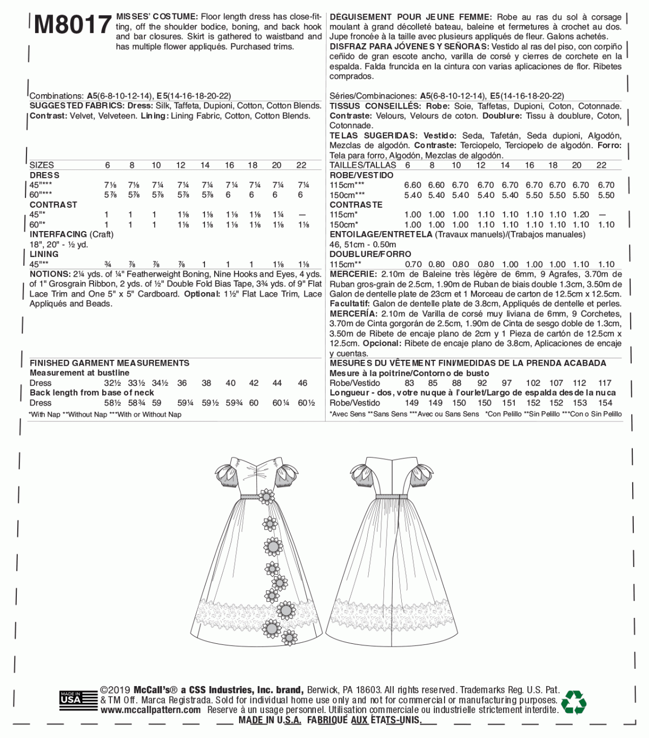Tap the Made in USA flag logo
click(x=70, y=698)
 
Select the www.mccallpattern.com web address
click(x=150, y=709)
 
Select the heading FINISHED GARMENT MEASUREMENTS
click(x=109, y=363)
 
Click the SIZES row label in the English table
click(x=42, y=165)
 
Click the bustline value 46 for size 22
click(x=302, y=383)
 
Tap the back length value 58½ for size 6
click(x=112, y=403)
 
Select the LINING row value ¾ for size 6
click(x=109, y=264)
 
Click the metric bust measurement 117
click(x=605, y=383)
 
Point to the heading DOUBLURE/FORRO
click(x=370, y=254)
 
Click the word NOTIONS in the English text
click(x=50, y=274)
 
